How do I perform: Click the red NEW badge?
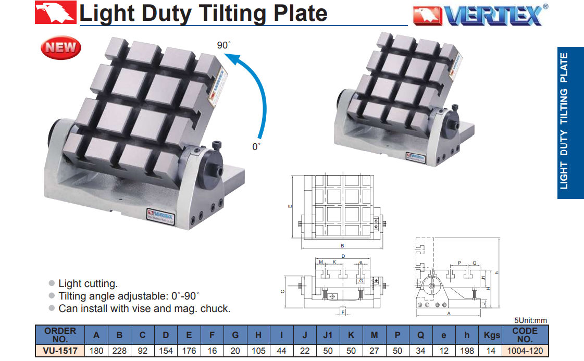coord(61,47)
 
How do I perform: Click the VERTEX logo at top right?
coord(480,15)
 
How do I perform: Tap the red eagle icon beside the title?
coord(56,13)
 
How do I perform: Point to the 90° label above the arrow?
coord(223,45)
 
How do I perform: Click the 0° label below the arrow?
coord(256,147)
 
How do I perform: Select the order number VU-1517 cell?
coord(60,351)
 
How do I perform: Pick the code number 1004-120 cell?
coord(525,351)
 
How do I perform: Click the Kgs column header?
coord(491,335)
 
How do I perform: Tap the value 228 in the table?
coord(119,351)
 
